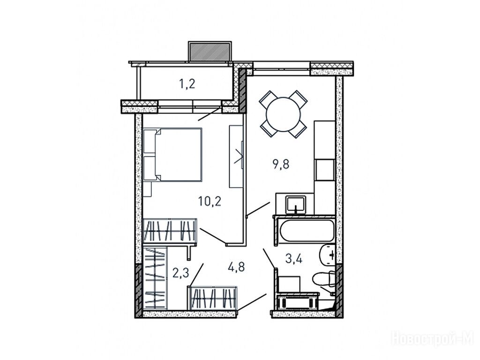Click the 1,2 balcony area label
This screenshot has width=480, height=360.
[x=187, y=83]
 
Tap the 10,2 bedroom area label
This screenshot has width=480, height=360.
[x=210, y=201]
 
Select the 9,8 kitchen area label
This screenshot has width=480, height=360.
[x=281, y=164]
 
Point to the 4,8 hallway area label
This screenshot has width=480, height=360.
[x=236, y=267]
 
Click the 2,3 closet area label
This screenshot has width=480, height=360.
[x=180, y=273]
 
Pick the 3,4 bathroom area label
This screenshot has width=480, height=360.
[x=294, y=259]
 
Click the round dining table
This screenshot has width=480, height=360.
[x=284, y=114]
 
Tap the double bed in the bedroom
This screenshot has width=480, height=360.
[x=172, y=155]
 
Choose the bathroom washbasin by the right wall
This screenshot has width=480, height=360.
[x=328, y=255]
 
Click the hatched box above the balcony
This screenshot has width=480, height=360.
[x=210, y=52]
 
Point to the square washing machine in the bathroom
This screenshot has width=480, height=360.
[x=289, y=284]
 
